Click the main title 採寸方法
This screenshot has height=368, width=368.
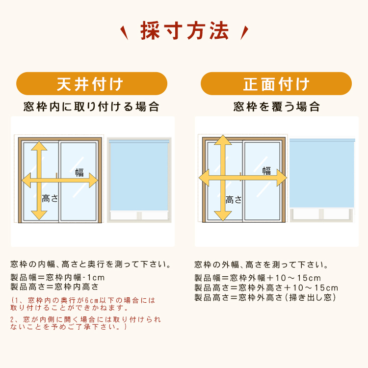pyautogui.click(x=184, y=30)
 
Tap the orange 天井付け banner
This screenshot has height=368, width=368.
pyautogui.click(x=92, y=83)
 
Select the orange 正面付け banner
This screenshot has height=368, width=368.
pyautogui.click(x=276, y=83)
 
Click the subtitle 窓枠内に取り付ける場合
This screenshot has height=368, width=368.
pyautogui.click(x=92, y=106)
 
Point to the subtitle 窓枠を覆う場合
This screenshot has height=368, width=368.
pyautogui.click(x=276, y=106)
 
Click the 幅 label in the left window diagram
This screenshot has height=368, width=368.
pyautogui.click(x=79, y=173)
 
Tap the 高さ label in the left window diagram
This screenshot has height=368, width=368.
pyautogui.click(x=50, y=199)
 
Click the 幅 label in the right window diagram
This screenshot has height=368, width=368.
pyautogui.click(x=266, y=171)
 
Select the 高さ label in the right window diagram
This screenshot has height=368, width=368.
pyautogui.click(x=234, y=200)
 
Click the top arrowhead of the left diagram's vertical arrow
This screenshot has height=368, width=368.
pyautogui.click(x=39, y=146)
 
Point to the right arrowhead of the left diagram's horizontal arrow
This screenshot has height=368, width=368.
pyautogui.click(x=93, y=181)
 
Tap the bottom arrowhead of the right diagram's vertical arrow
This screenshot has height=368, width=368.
pyautogui.click(x=223, y=216)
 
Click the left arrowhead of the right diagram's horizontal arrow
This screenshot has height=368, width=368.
pyautogui.click(x=204, y=178)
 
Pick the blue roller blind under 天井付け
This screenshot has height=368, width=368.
pyautogui.click(x=139, y=176)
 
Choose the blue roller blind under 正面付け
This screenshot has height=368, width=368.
pyautogui.click(x=322, y=173)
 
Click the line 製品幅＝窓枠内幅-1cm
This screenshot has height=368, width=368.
pyautogui.click(x=57, y=277)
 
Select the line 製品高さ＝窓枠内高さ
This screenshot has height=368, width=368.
pyautogui.click(x=54, y=287)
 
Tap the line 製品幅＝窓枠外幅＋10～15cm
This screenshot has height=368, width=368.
pyautogui.click(x=258, y=278)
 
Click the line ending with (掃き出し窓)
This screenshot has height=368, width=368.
pyautogui.click(x=265, y=298)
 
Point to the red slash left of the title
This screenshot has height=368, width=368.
pyautogui.click(x=124, y=33)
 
